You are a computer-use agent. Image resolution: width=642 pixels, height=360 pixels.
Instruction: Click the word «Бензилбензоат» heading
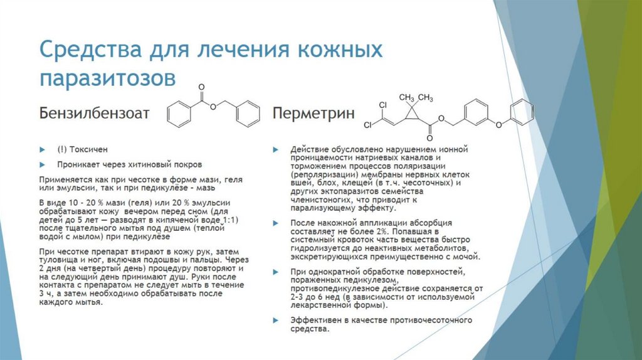coord(95,114)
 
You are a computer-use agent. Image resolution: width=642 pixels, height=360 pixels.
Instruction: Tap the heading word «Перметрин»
coord(313,114)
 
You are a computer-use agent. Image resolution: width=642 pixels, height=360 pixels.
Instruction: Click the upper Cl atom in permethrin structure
coord(383,105)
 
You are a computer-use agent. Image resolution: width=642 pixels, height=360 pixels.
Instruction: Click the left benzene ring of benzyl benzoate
coord(179,115)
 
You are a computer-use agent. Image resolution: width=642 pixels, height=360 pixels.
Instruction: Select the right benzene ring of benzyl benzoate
coord(248,115)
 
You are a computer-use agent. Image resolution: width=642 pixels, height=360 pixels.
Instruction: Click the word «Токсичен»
coord(90,150)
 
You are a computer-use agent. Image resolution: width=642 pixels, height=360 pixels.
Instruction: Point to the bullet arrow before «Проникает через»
coord(43,164)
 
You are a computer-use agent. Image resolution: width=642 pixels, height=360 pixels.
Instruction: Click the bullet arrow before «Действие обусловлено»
coord(275,150)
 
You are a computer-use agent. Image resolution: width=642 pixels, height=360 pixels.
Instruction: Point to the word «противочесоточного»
coord(433,320)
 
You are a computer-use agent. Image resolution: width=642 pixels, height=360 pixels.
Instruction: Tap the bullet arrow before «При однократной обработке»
coord(275,272)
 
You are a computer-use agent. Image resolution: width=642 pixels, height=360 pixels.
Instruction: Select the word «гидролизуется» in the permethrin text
coord(321,248)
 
